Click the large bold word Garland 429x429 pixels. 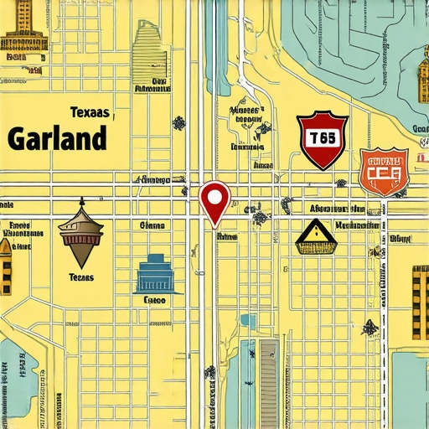pyautogui.click(x=57, y=137)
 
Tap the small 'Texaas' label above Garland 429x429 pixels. pyautogui.click(x=90, y=111)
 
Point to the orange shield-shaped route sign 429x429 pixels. pyautogui.click(x=383, y=172)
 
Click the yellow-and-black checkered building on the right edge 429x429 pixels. pyautogui.click(x=420, y=302)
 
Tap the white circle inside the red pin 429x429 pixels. pyautogui.click(x=215, y=197)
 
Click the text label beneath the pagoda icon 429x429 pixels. pyautogui.click(x=81, y=277)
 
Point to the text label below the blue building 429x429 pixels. pyautogui.click(x=154, y=299)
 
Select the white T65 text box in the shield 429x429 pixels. pyautogui.click(x=322, y=138)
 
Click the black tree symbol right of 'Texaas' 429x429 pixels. pyautogui.click(x=178, y=123)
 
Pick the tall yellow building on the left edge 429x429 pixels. pyautogui.click(x=6, y=266)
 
